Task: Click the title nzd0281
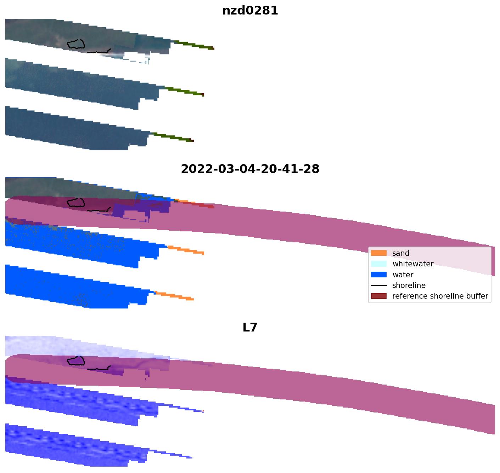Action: pos(250,11)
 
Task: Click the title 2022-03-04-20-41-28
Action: pos(250,169)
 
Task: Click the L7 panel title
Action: pos(250,328)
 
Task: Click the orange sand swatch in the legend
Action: pos(378,253)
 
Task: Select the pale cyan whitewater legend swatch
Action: pos(378,264)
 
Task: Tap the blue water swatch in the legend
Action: pos(378,275)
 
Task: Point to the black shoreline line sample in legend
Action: pos(378,285)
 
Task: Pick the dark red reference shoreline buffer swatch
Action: pos(378,296)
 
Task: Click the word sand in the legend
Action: pos(401,253)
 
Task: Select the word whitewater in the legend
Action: pos(413,264)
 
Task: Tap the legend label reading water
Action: pos(403,275)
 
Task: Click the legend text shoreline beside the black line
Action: pos(409,285)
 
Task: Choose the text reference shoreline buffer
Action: pos(440,296)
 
